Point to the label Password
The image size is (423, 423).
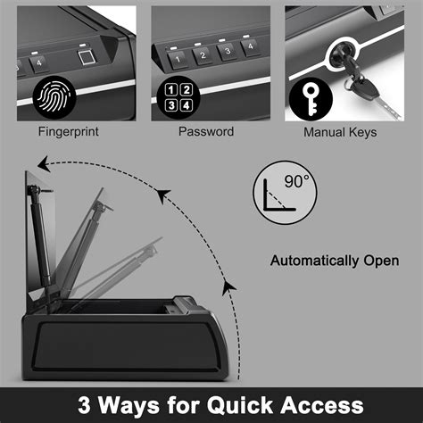[x=207, y=132]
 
